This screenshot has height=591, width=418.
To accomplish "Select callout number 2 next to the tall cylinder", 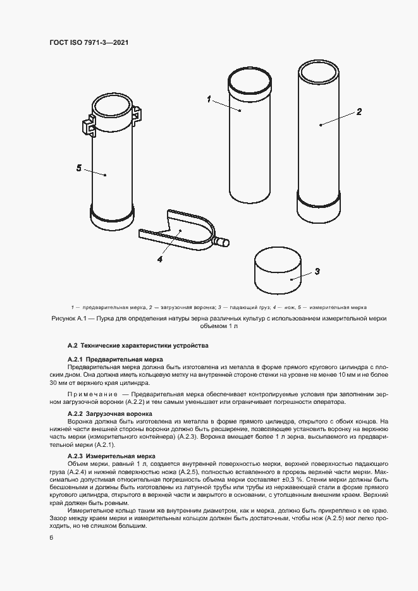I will point(359,112).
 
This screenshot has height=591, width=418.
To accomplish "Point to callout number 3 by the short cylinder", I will point(317,271).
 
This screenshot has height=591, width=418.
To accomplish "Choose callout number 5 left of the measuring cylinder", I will point(79,168).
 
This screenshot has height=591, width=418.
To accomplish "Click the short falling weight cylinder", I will point(277,268).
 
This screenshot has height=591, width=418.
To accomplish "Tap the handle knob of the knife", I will point(221,241).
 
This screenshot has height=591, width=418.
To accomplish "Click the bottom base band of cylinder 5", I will point(111,221).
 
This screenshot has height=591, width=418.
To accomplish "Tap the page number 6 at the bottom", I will point(51,537).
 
